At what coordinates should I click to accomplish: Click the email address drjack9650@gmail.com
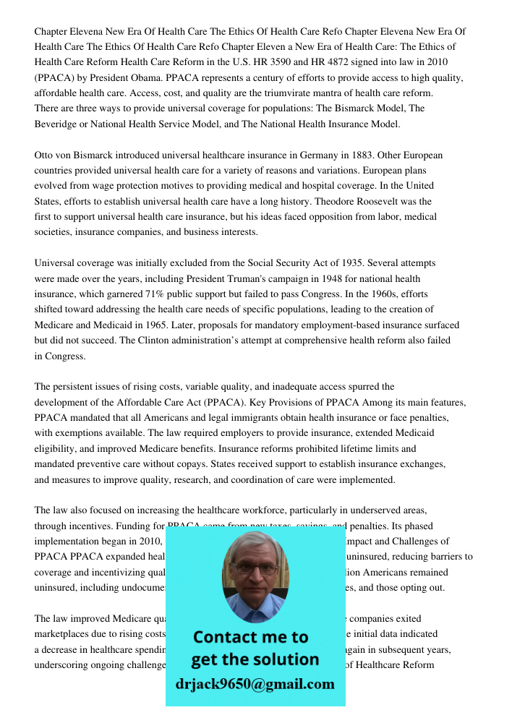click(255, 684)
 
